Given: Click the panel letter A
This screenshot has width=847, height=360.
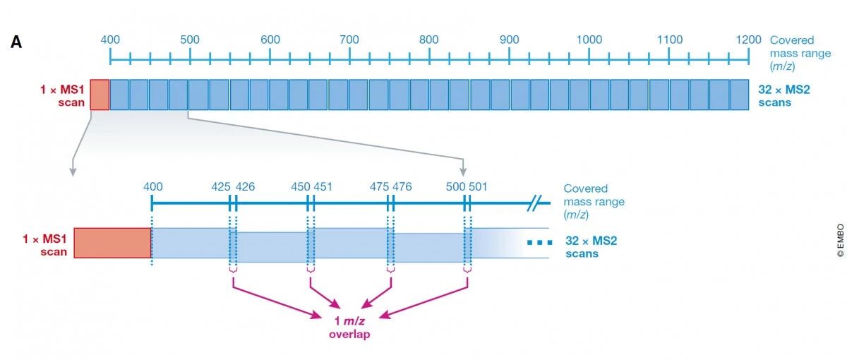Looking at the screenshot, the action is pyautogui.click(x=16, y=42).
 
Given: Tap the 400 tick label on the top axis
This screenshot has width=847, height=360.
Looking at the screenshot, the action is pyautogui.click(x=110, y=40).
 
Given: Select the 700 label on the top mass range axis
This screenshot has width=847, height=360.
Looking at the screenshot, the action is pyautogui.click(x=349, y=40).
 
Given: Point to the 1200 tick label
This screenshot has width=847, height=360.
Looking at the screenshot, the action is pyautogui.click(x=748, y=40).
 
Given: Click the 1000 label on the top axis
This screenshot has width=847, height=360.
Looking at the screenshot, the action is pyautogui.click(x=589, y=40).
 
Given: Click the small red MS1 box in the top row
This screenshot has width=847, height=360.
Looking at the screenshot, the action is pyautogui.click(x=100, y=95).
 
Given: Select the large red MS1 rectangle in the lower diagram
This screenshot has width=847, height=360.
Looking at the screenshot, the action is pyautogui.click(x=113, y=243).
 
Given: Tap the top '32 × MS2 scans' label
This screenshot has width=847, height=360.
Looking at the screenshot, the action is pyautogui.click(x=784, y=96).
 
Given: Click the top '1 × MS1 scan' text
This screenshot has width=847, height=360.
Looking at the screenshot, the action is pyautogui.click(x=62, y=96).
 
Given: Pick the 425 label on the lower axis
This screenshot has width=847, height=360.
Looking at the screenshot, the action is pyautogui.click(x=221, y=186).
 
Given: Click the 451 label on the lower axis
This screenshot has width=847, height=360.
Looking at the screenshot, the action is pyautogui.click(x=323, y=186).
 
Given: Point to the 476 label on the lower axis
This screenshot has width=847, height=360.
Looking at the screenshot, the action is pyautogui.click(x=402, y=186).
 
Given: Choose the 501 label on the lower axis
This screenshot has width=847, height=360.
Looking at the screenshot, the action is pyautogui.click(x=478, y=186).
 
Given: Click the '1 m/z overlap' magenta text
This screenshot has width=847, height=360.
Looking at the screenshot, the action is pyautogui.click(x=349, y=328).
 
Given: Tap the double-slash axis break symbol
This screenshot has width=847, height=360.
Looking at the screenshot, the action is pyautogui.click(x=534, y=203).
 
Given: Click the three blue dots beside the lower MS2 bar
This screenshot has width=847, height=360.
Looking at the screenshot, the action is pyautogui.click(x=540, y=242).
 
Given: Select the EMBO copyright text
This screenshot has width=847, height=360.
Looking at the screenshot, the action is pyautogui.click(x=840, y=241).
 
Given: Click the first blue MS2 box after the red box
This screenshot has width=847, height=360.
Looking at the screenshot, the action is pyautogui.click(x=119, y=95).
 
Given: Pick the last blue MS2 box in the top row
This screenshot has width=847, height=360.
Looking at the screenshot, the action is pyautogui.click(x=739, y=95).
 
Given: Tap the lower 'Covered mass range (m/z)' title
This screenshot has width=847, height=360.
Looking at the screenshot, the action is pyautogui.click(x=594, y=202).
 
